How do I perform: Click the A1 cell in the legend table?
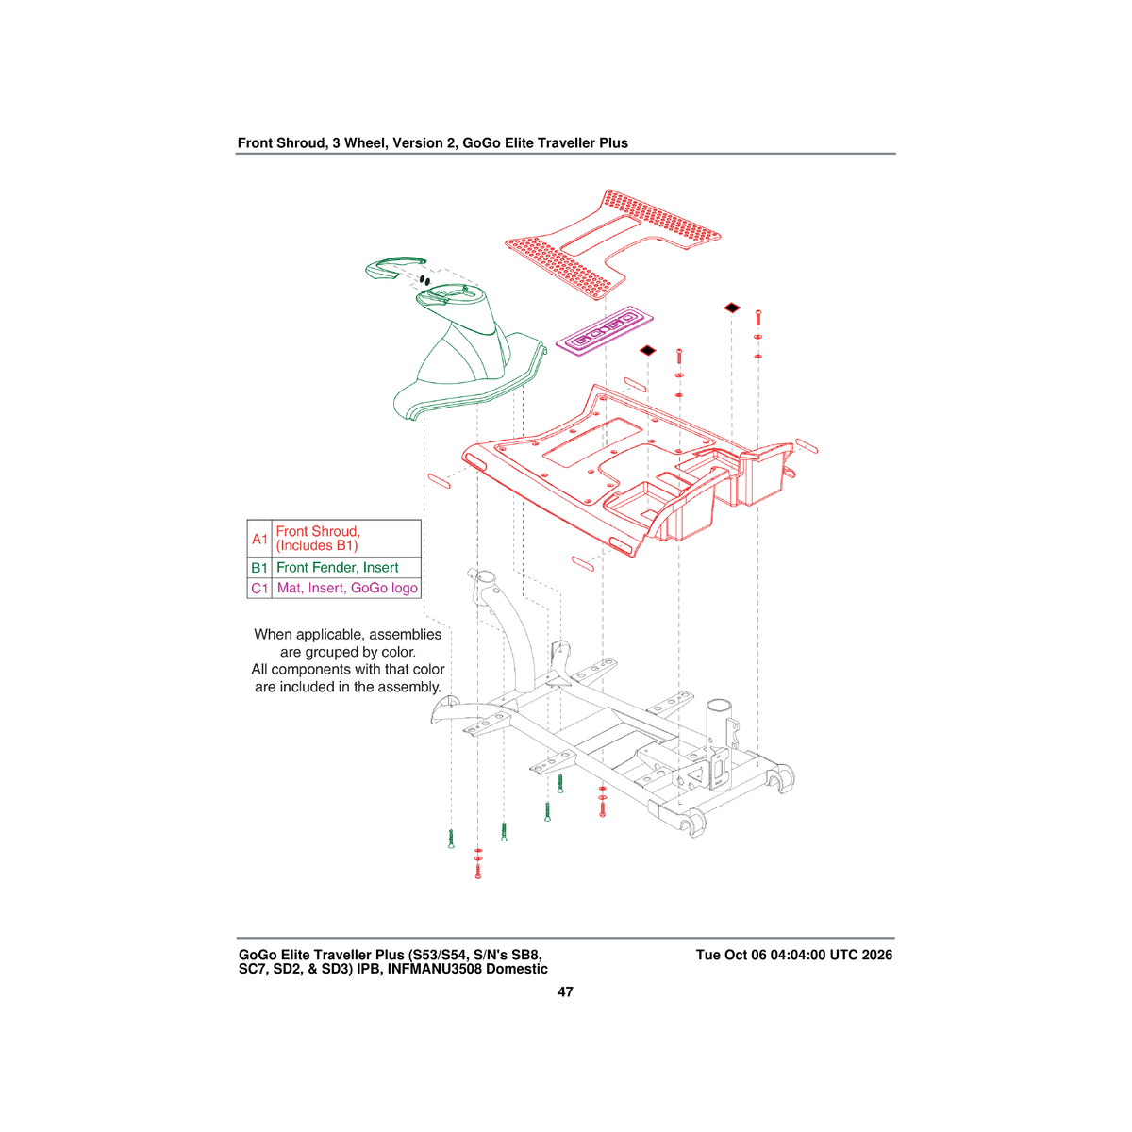pos(259,539)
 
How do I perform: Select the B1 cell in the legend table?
pos(259,568)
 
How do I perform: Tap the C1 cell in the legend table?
pos(259,588)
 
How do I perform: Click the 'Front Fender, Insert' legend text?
pos(337,568)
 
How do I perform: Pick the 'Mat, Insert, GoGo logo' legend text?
pos(347,588)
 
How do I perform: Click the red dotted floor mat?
pos(613,243)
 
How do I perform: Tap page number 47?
pos(565,992)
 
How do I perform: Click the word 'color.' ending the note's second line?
pos(398,652)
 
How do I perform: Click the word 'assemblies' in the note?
pos(405,635)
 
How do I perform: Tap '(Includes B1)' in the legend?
pos(317,546)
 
